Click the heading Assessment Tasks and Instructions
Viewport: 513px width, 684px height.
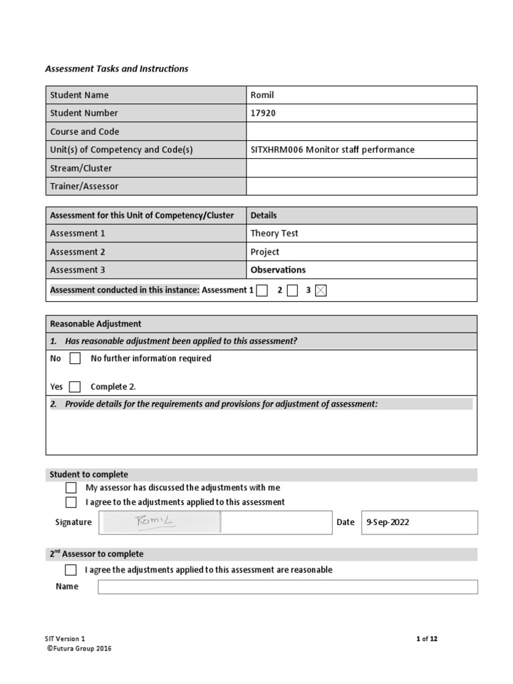click(116, 69)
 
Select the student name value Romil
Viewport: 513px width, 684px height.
click(262, 95)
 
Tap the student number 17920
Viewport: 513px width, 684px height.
click(263, 113)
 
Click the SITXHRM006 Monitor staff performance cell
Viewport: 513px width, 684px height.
click(332, 150)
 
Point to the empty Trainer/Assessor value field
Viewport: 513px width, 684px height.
click(361, 186)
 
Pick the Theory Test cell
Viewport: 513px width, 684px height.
click(274, 233)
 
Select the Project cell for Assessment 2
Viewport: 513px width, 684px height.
click(265, 252)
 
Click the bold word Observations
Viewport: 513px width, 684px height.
click(278, 270)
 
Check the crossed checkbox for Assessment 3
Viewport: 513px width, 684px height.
click(321, 291)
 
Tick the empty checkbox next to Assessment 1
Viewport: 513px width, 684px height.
click(262, 291)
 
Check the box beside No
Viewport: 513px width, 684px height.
click(75, 359)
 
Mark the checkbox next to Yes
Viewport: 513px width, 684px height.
click(75, 387)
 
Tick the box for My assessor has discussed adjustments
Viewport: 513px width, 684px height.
click(71, 488)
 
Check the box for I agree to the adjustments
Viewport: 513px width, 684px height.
click(71, 502)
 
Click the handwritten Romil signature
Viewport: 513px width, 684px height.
click(155, 522)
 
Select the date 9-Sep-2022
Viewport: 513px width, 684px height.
click(387, 522)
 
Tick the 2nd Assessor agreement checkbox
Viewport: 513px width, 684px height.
click(71, 570)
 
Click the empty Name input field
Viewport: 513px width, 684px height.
click(287, 586)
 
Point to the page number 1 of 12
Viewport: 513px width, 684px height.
click(426, 639)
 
